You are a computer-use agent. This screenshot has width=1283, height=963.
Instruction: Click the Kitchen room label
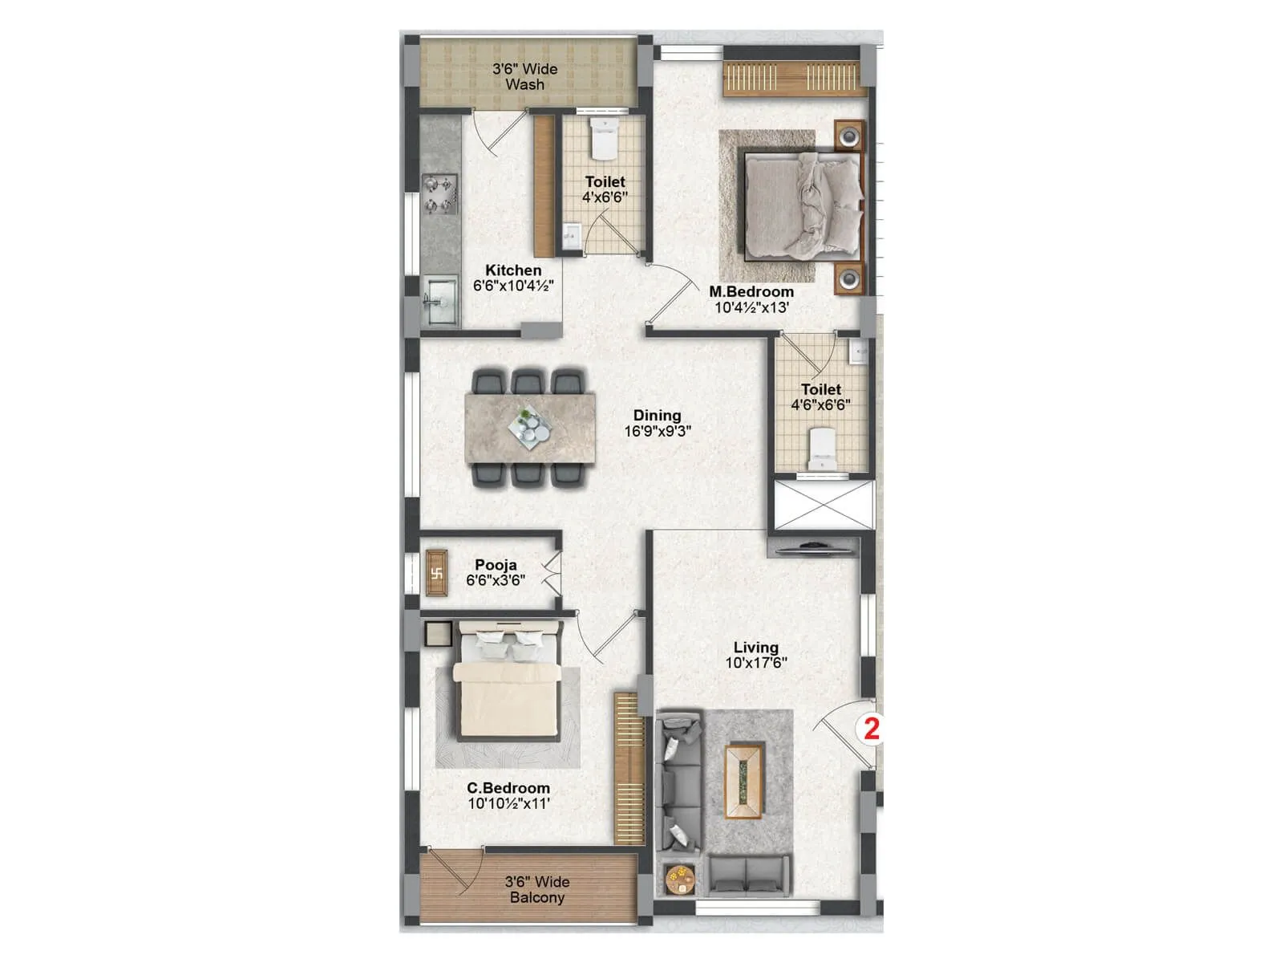pyautogui.click(x=513, y=270)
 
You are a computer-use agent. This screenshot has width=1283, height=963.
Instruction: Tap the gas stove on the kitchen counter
pyautogui.click(x=439, y=195)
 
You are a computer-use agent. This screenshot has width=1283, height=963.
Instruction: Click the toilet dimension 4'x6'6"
pyautogui.click(x=605, y=197)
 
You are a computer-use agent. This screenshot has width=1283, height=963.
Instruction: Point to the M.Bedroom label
pyautogui.click(x=751, y=292)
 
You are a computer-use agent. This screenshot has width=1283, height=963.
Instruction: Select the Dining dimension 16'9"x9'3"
pyautogui.click(x=658, y=431)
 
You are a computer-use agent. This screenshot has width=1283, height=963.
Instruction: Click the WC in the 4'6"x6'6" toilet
pyautogui.click(x=822, y=449)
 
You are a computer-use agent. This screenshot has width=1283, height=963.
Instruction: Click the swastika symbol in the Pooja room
pyautogui.click(x=437, y=573)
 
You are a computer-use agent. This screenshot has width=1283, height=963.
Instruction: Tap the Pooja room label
pyautogui.click(x=496, y=565)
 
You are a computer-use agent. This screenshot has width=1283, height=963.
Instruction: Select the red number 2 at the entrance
pyautogui.click(x=871, y=729)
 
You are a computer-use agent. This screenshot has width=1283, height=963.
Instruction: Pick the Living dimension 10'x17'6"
pyautogui.click(x=756, y=663)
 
